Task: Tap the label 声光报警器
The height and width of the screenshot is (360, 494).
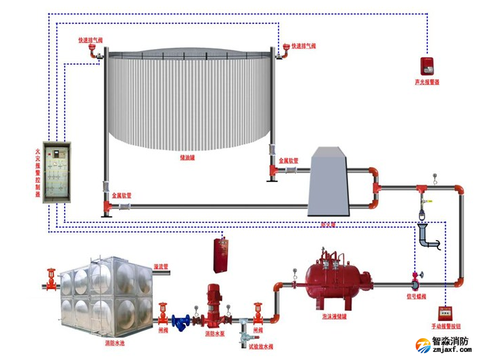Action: click(x=427, y=82)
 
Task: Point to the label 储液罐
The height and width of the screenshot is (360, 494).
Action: click(x=187, y=157)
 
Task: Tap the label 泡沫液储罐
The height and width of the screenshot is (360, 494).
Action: click(x=335, y=317)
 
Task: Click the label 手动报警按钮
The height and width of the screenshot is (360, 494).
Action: click(x=450, y=327)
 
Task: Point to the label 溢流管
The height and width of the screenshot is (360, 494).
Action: click(x=161, y=267)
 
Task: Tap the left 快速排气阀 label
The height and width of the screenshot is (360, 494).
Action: click(x=91, y=40)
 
